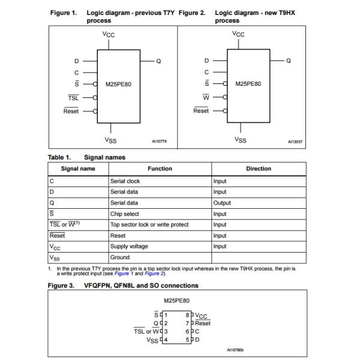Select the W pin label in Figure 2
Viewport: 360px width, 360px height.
tap(206, 97)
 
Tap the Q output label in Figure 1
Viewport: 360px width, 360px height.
tap(158, 61)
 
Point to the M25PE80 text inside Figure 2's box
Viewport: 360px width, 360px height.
tap(248, 84)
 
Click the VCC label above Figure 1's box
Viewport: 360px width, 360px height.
tap(109, 35)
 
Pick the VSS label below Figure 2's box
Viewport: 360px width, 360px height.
tap(241, 140)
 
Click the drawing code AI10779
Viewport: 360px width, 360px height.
tap(159, 142)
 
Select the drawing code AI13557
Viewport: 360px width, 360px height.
tap(295, 142)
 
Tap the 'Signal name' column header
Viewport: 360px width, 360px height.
tap(78, 169)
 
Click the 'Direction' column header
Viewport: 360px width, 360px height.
tap(259, 169)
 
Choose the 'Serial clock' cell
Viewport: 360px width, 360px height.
tap(125, 181)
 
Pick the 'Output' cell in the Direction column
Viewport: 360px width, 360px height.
tap(222, 203)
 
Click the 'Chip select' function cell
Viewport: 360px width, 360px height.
tap(124, 214)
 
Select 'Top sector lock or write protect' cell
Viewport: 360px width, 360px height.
tap(149, 224)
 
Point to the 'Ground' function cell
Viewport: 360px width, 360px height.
tap(120, 257)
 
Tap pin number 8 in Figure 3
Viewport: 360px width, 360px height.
tap(188, 314)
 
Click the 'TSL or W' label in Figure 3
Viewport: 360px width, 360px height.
tap(147, 331)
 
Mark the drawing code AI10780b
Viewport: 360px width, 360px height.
tap(239, 349)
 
